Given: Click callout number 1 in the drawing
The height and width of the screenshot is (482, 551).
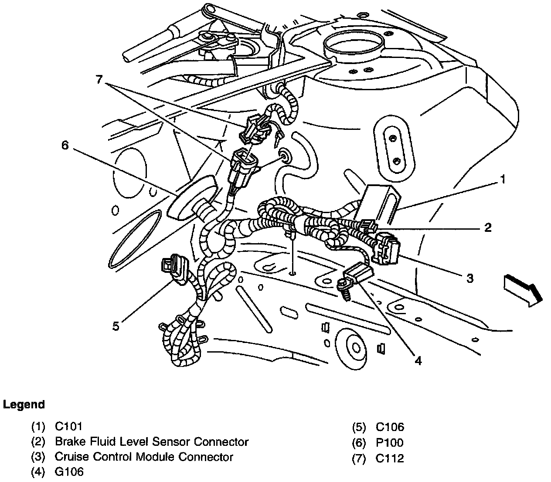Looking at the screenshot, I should [x=503, y=180].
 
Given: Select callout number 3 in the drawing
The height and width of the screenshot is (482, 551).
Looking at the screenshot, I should [x=470, y=278].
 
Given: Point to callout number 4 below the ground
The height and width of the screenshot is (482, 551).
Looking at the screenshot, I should [x=418, y=361].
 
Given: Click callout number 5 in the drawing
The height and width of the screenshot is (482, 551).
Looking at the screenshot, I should [x=116, y=326].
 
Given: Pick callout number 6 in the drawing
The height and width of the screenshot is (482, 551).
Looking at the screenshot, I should [x=65, y=145].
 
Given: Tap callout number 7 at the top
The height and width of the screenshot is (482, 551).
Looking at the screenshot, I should [x=100, y=80].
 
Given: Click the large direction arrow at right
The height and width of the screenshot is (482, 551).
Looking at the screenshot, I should [x=522, y=290].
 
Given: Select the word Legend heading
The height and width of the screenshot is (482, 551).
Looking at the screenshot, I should [x=24, y=404].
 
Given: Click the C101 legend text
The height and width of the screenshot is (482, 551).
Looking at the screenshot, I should [x=68, y=426].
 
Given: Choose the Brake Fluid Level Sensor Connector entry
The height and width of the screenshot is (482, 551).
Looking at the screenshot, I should [x=151, y=441].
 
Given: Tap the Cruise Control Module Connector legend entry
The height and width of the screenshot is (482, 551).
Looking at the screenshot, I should [x=144, y=457].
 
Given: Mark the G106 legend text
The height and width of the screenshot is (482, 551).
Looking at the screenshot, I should [x=69, y=472].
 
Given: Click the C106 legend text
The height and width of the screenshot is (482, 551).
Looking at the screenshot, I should [x=390, y=427].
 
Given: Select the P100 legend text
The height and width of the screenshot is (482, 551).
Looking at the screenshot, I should [x=389, y=443].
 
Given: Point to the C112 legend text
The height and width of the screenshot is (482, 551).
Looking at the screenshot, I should [x=389, y=458].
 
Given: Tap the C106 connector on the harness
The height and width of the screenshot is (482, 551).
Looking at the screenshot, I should [x=175, y=269].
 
